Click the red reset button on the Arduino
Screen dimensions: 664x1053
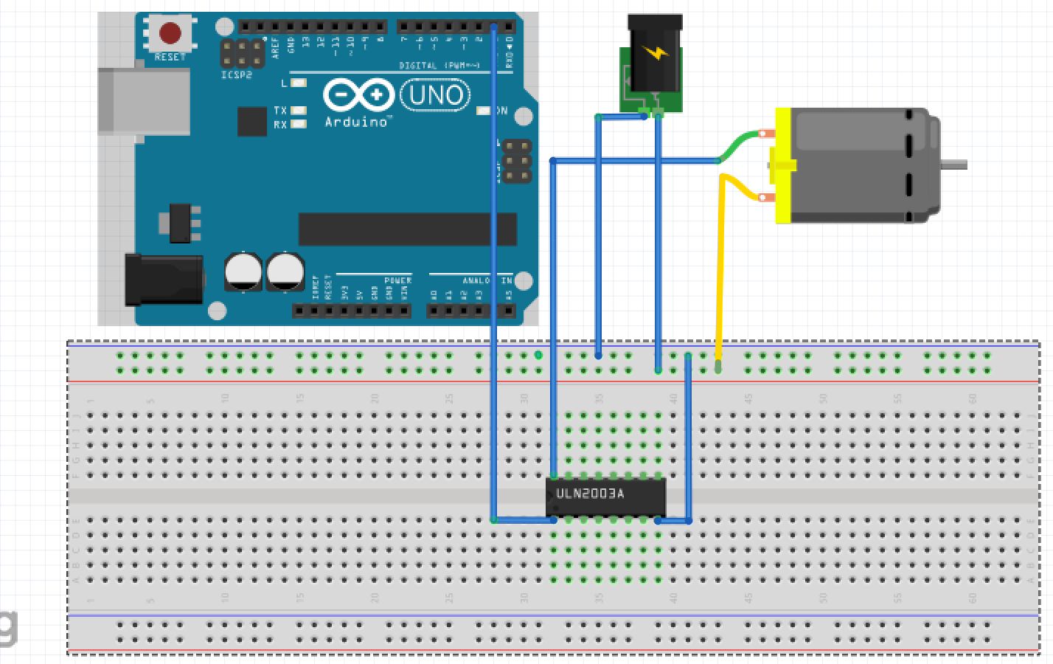170,33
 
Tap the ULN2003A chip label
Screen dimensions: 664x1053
590,494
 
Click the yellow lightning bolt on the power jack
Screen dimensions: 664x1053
653,54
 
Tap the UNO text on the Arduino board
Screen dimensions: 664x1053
436,95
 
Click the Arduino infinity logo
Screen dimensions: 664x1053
359,95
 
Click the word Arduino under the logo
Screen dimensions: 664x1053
358,122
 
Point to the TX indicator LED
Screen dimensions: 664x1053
298,111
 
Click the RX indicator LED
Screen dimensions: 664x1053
298,125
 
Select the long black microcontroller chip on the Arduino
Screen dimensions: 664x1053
407,229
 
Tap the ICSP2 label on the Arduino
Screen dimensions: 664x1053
236,75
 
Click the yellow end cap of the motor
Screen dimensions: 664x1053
782,166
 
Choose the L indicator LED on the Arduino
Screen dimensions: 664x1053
298,83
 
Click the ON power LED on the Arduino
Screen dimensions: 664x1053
484,111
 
